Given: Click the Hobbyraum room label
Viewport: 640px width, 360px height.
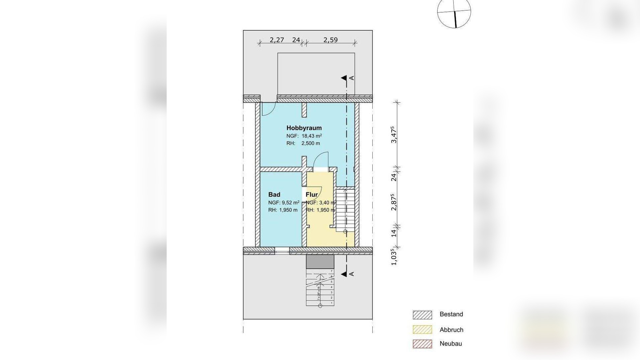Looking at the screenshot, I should point(304,128).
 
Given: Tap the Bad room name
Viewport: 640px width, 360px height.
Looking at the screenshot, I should point(274,195).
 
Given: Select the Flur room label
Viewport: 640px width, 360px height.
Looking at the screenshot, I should point(312,195).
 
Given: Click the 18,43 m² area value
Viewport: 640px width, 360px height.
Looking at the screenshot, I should point(312,136).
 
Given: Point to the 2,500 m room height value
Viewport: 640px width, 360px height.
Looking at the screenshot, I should point(311,143).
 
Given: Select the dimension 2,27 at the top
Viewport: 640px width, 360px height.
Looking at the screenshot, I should point(277,40).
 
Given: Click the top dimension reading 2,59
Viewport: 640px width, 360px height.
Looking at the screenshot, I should point(330,40).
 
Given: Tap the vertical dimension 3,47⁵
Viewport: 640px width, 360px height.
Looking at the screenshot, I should point(394,135).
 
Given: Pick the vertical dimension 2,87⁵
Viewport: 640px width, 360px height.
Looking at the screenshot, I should point(394,202).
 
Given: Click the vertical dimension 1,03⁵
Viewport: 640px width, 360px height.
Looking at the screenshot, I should point(394,257).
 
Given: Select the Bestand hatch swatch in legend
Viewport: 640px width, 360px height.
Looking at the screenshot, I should point(422,315).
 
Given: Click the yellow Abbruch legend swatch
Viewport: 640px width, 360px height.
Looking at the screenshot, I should point(422,330).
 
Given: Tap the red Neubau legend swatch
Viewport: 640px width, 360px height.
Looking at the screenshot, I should point(422,344).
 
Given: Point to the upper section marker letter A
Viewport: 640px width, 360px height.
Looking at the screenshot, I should point(352,78).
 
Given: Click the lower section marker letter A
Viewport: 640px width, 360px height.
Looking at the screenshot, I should point(352,274).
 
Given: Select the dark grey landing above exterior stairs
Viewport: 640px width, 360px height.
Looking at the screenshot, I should point(320,262).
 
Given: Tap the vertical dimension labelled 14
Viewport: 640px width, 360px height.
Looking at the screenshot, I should point(394,233).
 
